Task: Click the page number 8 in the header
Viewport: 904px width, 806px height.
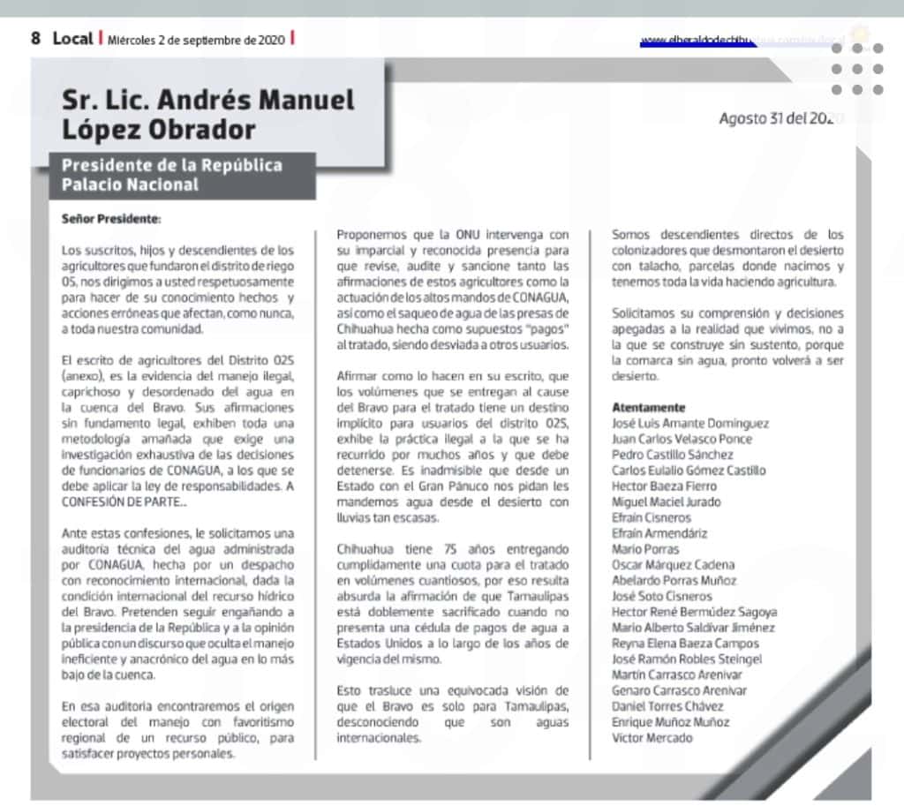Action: pos(36,39)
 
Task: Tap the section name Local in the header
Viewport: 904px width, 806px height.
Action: pos(72,39)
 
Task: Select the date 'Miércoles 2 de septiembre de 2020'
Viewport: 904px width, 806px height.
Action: pos(196,40)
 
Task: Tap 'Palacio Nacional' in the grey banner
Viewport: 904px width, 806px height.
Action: pos(130,185)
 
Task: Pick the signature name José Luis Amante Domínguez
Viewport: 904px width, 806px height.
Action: pos(690,423)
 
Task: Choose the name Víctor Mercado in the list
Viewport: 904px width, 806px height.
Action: pos(652,737)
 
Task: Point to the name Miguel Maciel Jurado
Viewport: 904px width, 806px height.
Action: pos(667,501)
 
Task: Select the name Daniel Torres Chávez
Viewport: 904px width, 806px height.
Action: pos(667,706)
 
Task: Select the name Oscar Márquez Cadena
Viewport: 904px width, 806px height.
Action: pos(673,564)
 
